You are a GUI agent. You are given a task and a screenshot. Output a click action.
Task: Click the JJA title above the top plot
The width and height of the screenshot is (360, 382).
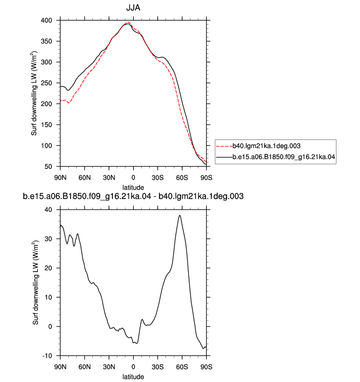pyautogui.click(x=133, y=7)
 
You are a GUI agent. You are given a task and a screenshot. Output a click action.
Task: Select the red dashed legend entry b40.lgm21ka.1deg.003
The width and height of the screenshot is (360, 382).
pyautogui.click(x=258, y=146)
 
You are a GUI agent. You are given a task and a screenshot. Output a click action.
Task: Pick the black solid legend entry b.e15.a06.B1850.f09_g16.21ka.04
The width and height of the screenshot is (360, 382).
pyautogui.click(x=276, y=157)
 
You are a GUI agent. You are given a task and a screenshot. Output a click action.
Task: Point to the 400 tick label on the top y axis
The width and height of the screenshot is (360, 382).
pyautogui.click(x=46, y=21)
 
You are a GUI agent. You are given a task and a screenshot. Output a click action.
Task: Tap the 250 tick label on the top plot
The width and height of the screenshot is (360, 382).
pyautogui.click(x=46, y=83)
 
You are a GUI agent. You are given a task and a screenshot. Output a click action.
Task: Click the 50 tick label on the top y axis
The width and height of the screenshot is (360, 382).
pyautogui.click(x=48, y=166)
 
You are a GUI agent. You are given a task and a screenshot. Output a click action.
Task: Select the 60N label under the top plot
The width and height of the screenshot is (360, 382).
pyautogui.click(x=84, y=178)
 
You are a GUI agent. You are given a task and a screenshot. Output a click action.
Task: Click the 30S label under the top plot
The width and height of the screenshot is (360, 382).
pyautogui.click(x=158, y=178)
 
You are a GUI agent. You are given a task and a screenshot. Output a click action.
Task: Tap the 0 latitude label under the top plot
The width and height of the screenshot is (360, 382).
pyautogui.click(x=133, y=178)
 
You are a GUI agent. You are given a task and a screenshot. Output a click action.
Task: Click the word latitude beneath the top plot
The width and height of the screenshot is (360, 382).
pyautogui.click(x=133, y=188)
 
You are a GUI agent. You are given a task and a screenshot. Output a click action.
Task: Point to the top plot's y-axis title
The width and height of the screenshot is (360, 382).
pyautogui.click(x=34, y=93)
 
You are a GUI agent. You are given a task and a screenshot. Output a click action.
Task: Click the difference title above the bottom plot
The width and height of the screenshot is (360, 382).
pyautogui.click(x=133, y=196)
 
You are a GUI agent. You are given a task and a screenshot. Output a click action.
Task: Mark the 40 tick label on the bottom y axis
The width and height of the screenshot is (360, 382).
pyautogui.click(x=48, y=210)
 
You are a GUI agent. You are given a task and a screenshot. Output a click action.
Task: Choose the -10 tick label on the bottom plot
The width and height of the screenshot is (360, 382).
pyautogui.click(x=47, y=356)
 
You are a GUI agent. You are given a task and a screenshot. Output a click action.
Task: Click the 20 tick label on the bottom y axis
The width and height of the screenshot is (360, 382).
pyautogui.click(x=48, y=268)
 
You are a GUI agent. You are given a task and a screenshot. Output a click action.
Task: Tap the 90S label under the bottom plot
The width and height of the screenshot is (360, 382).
pyautogui.click(x=206, y=367)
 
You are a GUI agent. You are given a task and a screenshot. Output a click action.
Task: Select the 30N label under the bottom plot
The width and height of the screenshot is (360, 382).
pyautogui.click(x=109, y=367)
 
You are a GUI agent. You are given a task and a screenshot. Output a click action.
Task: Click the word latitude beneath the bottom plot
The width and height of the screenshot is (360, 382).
pyautogui.click(x=133, y=377)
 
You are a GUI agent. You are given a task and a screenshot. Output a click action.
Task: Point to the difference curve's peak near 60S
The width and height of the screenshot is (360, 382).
pyautogui.click(x=180, y=216)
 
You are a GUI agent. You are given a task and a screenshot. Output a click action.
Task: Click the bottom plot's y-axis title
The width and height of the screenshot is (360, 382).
pyautogui.click(x=35, y=283)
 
